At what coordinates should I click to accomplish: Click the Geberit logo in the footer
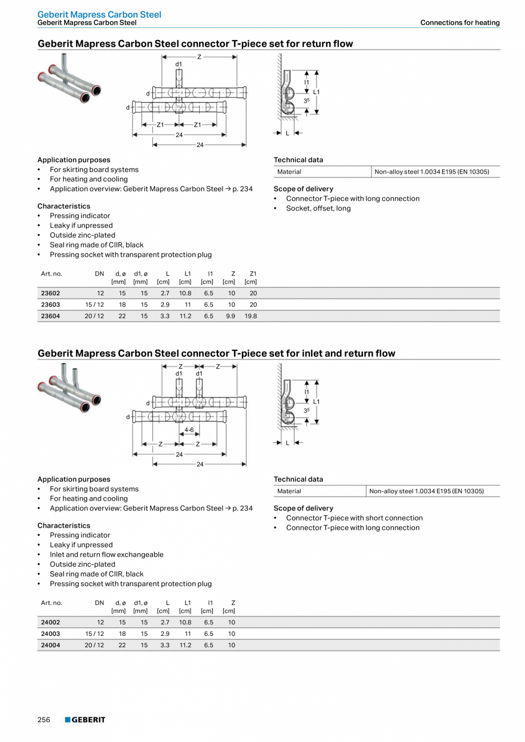coord(85,720)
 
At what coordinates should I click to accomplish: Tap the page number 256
coord(44,720)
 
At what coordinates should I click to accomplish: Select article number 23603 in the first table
coord(51,305)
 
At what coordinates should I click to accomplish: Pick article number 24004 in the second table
coord(51,645)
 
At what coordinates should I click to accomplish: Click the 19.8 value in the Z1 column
coord(251,316)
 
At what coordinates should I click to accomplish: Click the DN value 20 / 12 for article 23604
coord(94,316)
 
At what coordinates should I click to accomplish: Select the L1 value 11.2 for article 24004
coord(185,645)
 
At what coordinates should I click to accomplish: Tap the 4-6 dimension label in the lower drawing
coord(188,429)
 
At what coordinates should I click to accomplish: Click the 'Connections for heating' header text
coord(460,23)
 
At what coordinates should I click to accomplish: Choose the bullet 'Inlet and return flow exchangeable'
coord(106,555)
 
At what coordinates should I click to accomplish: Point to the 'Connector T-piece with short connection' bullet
coord(354,518)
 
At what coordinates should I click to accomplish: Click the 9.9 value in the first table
coord(230,316)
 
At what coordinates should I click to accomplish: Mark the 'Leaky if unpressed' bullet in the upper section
coord(81,225)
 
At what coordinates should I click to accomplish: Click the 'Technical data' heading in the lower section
coord(298,479)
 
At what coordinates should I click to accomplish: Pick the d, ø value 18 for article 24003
coord(122,634)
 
